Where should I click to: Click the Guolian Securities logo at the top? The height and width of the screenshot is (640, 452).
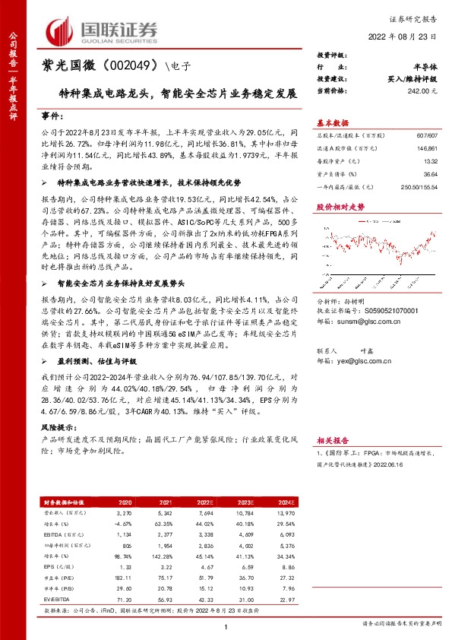tap(103, 30)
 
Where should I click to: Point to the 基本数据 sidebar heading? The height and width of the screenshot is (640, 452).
tap(333, 122)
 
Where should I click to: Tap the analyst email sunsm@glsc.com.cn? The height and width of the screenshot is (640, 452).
tap(358, 322)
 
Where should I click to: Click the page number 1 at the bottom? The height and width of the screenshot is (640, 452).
tap(226, 626)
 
